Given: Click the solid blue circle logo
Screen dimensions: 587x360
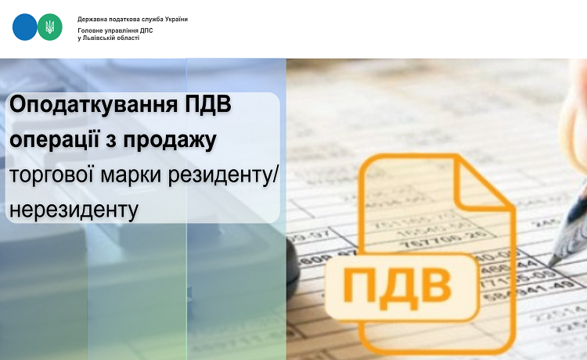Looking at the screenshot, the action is [x=25, y=27].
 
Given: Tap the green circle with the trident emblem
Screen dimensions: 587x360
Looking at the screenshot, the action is [x=50, y=27].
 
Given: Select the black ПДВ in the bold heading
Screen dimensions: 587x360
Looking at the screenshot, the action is [x=208, y=104].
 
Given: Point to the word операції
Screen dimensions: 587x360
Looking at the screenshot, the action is [x=55, y=139].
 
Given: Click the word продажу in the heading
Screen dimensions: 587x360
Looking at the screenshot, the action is [x=170, y=140].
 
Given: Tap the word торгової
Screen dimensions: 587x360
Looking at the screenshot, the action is [x=52, y=175].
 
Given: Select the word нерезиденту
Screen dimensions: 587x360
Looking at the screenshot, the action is [x=74, y=209].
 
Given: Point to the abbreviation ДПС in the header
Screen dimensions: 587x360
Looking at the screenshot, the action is [x=146, y=31].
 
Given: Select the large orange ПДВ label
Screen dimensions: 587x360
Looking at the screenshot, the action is [x=397, y=286].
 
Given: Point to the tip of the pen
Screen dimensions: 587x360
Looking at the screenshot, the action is [x=549, y=264].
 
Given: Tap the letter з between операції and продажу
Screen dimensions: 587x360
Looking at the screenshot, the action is [x=112, y=141].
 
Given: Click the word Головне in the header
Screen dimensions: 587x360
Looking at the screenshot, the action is [x=90, y=31].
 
